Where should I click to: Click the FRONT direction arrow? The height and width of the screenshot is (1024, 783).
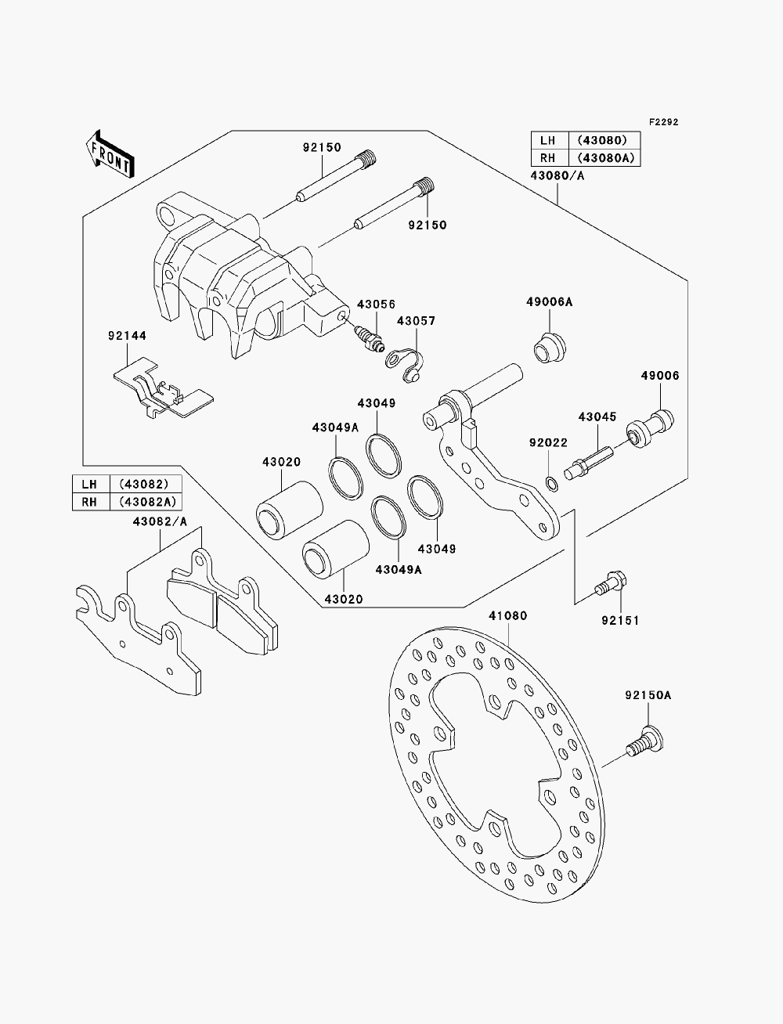[x=110, y=154]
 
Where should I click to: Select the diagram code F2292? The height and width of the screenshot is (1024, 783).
[x=663, y=122]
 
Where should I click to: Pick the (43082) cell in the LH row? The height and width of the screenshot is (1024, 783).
[x=144, y=484]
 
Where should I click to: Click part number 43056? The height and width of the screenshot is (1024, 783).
[x=376, y=305]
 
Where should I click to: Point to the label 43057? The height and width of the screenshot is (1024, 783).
[x=417, y=321]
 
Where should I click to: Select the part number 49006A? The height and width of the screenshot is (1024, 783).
[x=549, y=302]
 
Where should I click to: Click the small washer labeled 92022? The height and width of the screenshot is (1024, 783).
[x=551, y=485]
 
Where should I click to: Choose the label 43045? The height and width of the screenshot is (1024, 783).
[x=597, y=416]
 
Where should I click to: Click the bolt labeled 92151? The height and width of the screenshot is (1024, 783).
[x=611, y=582]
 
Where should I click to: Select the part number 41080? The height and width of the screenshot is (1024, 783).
[x=507, y=616]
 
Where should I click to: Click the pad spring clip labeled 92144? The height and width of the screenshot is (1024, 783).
[x=163, y=388]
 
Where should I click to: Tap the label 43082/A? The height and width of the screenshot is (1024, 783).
[x=160, y=521]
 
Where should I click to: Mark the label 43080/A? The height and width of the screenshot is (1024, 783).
[x=557, y=176]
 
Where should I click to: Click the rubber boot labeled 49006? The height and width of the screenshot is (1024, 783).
[x=650, y=428]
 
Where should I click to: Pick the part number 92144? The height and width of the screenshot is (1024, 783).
[x=127, y=336]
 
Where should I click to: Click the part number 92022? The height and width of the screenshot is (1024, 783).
[x=548, y=443]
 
